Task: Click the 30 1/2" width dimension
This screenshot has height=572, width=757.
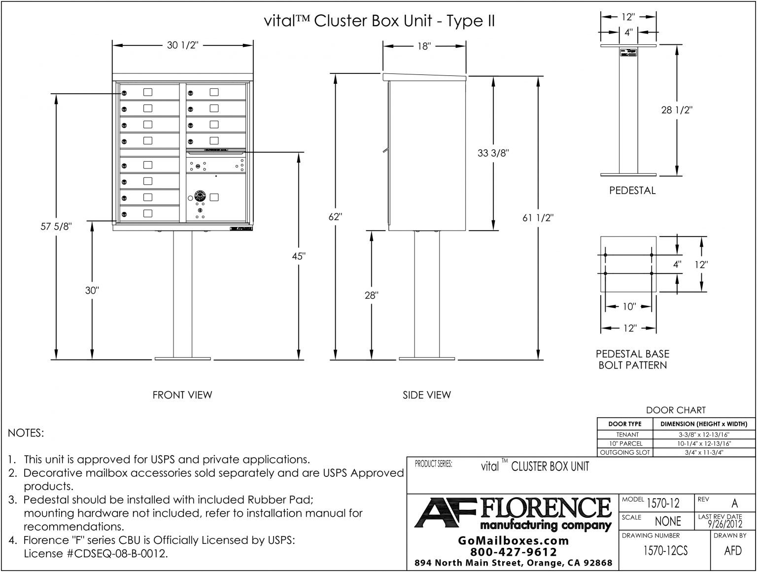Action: tap(182, 45)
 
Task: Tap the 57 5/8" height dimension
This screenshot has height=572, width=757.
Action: tap(57, 227)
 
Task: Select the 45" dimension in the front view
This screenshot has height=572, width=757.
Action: tap(298, 256)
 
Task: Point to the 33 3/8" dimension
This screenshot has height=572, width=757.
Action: tap(493, 153)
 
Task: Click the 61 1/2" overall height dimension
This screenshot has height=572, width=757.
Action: tap(538, 218)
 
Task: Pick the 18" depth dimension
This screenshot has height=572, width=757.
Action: tap(424, 46)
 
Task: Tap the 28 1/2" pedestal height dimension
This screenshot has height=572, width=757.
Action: tap(677, 110)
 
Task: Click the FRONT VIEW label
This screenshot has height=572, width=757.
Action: tap(182, 395)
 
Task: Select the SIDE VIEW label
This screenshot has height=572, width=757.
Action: tap(426, 395)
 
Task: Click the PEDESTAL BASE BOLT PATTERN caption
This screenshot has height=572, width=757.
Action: tap(632, 359)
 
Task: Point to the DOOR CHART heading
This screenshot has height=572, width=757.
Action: tap(676, 410)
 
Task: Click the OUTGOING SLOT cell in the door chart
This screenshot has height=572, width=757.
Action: tap(624, 452)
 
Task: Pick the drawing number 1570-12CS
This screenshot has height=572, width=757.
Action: tap(665, 551)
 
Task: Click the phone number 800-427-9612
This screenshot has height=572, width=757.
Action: tap(514, 552)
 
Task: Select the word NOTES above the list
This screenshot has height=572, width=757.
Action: tap(26, 433)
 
